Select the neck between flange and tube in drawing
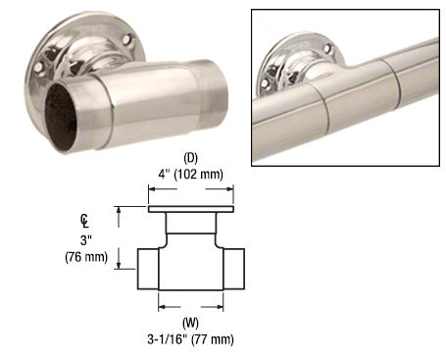[191, 230]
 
